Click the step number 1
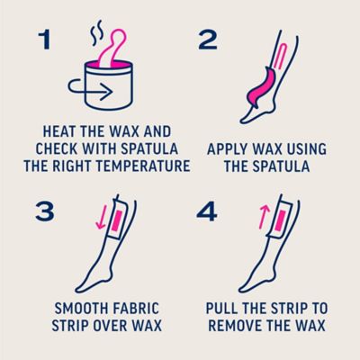45,40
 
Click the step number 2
208,40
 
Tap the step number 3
45,211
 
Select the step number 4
207,211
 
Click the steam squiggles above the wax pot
97,33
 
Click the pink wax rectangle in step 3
116,221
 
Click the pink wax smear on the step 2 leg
260,85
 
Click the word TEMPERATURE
142,166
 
